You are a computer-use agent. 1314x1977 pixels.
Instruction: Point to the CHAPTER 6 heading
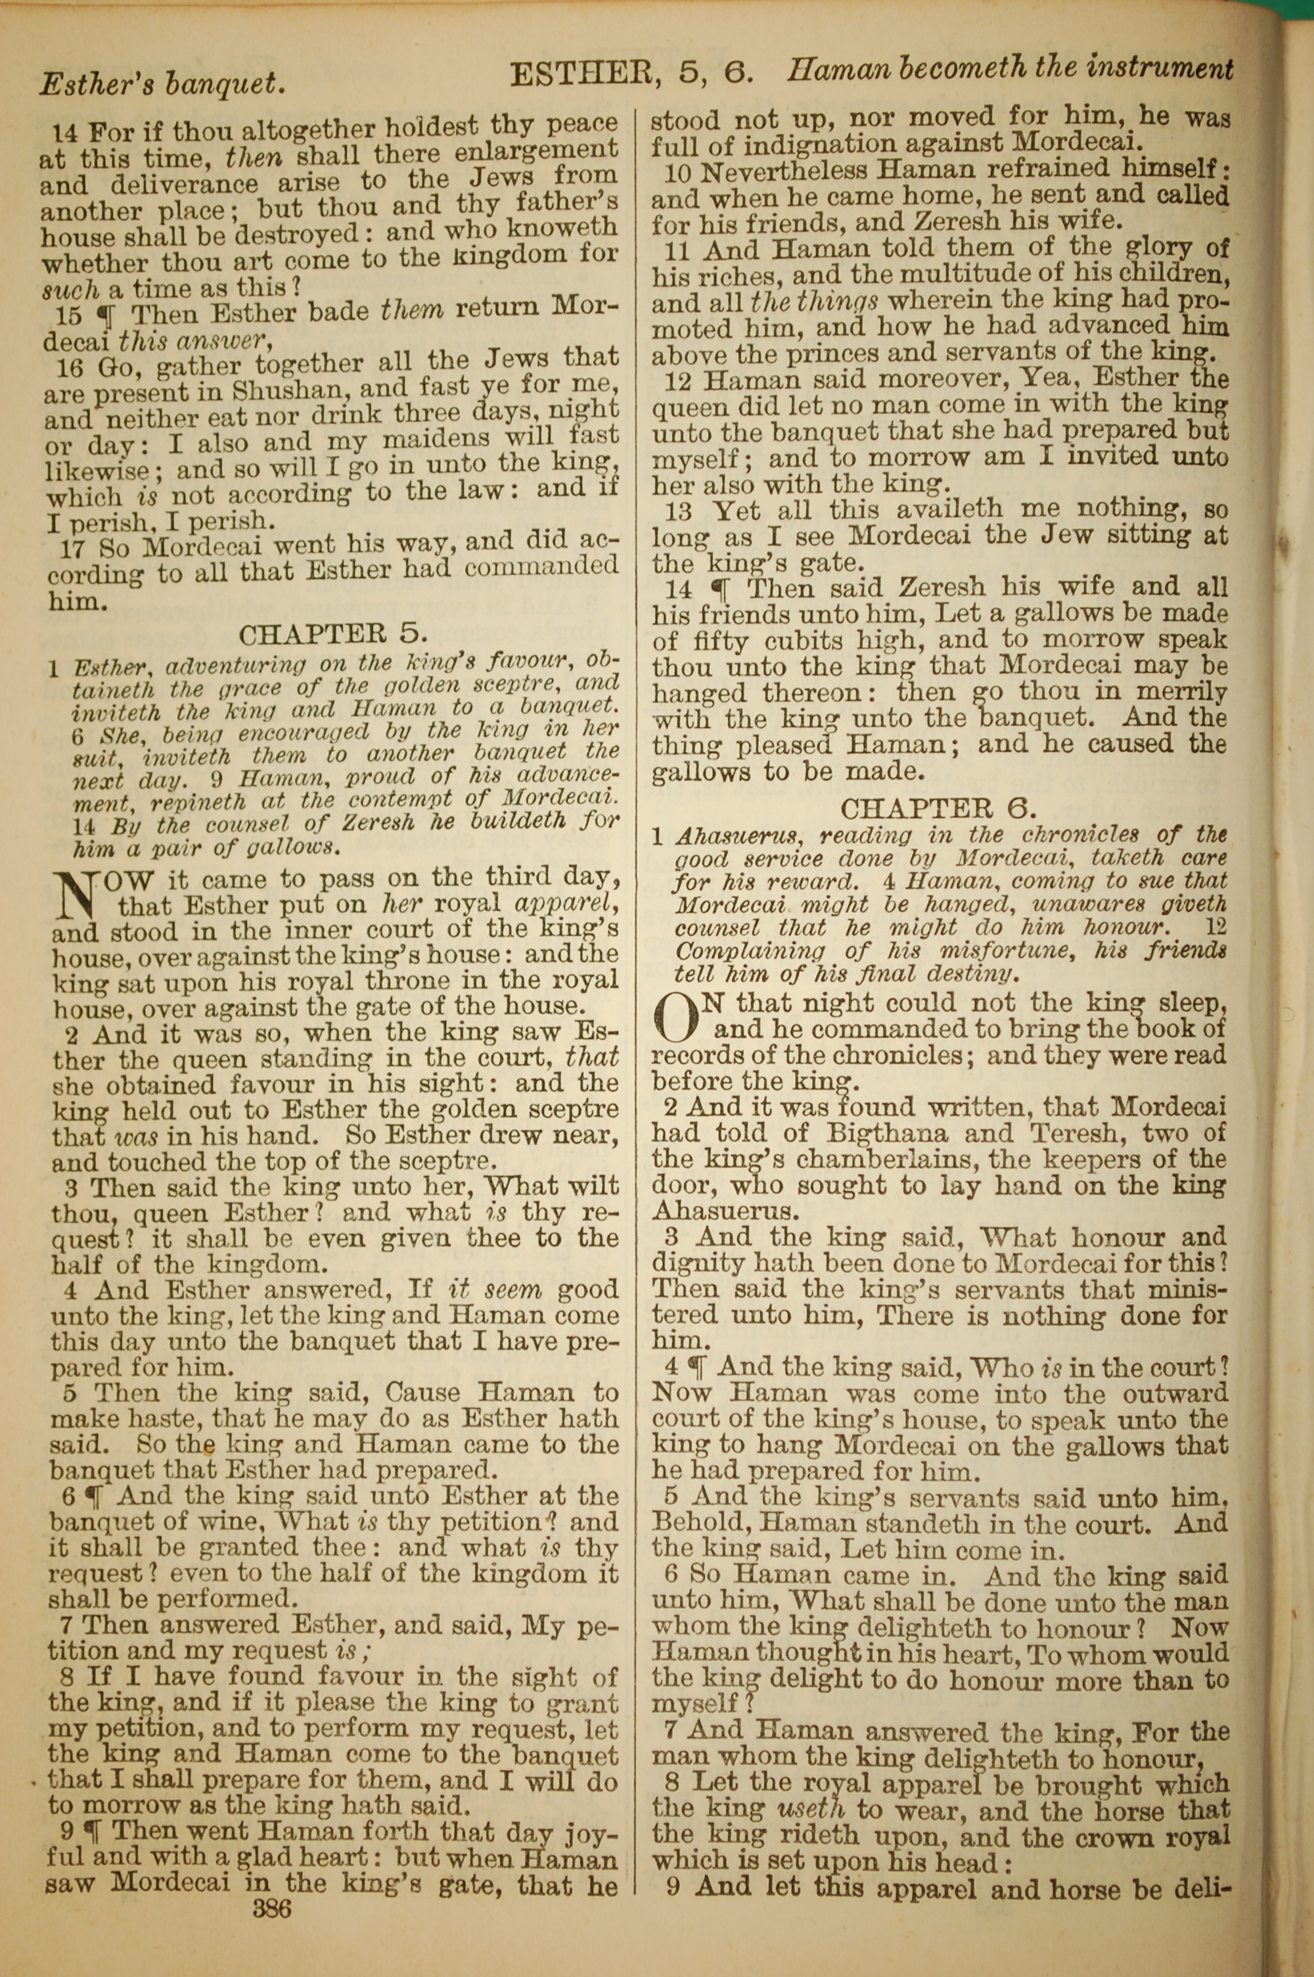[x=939, y=808]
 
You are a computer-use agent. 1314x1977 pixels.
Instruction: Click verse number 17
[x=77, y=548]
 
